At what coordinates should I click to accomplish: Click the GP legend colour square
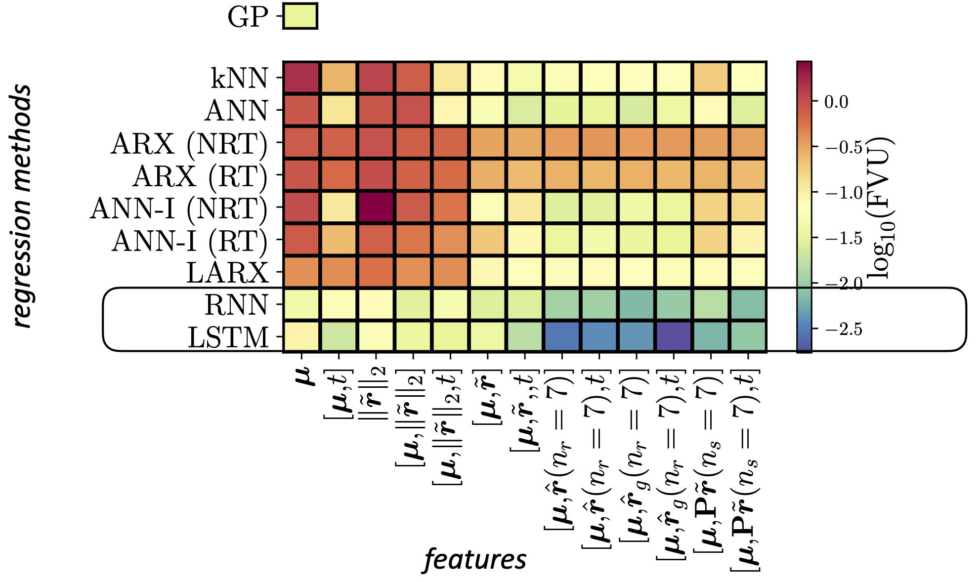tap(299, 16)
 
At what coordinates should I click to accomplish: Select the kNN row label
tap(239, 78)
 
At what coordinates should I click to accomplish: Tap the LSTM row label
tap(228, 338)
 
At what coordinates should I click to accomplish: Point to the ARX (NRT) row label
tap(189, 144)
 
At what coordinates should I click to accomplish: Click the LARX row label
tap(227, 273)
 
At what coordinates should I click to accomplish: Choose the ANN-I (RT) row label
tap(189, 241)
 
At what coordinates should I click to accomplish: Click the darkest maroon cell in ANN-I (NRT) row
tap(376, 208)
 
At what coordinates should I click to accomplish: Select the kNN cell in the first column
tap(301, 78)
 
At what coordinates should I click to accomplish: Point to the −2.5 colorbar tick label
tap(843, 329)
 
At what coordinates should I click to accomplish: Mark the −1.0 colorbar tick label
tap(843, 192)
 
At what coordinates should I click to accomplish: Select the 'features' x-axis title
tap(475, 560)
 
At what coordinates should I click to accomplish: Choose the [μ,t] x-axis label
tap(339, 394)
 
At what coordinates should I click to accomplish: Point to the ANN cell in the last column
tap(748, 110)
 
